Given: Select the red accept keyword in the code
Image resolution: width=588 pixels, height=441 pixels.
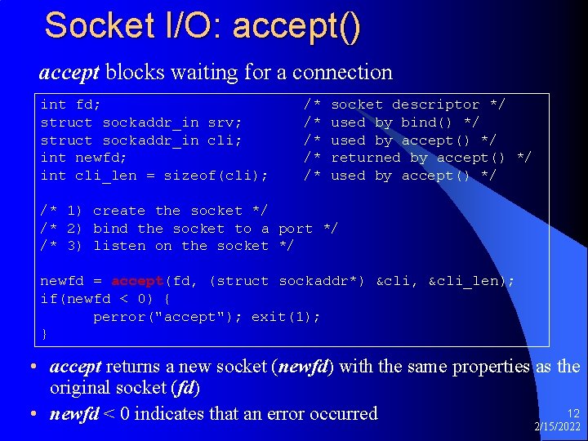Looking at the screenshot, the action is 138,281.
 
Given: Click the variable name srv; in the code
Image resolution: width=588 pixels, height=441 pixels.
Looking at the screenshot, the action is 225,122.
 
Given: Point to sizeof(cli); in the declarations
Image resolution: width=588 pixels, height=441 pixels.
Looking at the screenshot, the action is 216,176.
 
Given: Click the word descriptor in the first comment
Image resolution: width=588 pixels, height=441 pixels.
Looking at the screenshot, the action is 435,105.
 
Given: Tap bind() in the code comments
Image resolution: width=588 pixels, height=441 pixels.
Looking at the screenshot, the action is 426,122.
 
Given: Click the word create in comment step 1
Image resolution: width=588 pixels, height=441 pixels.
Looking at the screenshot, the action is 120,211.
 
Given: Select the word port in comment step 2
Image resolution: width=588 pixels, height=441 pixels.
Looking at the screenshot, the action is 296,229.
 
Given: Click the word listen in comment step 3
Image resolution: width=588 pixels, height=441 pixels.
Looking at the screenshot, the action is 120,246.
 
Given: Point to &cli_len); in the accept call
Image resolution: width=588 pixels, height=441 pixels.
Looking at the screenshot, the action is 471,281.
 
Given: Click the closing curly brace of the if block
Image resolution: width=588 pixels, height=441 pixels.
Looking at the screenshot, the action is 44,334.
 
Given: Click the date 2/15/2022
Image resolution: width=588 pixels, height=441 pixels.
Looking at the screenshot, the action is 558,428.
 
